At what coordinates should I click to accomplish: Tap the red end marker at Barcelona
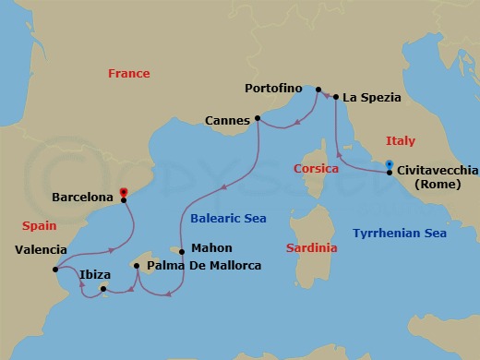click(124, 195)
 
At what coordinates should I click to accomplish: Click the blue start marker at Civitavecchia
click(390, 166)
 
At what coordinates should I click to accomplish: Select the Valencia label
click(42, 249)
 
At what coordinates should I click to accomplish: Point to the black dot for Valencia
click(56, 270)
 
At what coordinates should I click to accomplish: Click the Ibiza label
click(96, 274)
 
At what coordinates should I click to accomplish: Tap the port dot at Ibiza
click(103, 290)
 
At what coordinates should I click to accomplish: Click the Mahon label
click(211, 248)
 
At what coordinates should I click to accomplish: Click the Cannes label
click(227, 118)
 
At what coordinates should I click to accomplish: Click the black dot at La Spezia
click(335, 96)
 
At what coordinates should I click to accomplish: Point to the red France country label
click(128, 74)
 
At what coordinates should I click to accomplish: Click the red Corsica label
click(318, 168)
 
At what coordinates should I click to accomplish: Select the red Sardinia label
click(311, 248)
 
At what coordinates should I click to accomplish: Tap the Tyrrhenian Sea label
click(399, 234)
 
